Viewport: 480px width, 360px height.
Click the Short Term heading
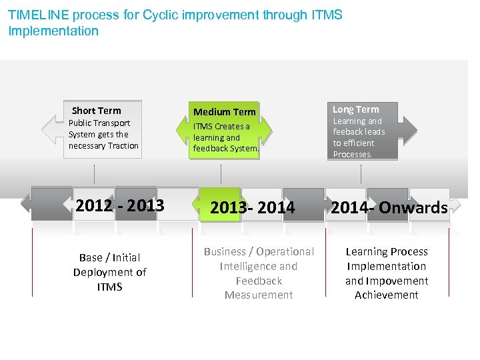tap(97, 111)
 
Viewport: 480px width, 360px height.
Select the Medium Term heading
tap(224, 112)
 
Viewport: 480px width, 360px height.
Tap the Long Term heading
tap(355, 109)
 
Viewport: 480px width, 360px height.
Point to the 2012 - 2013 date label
tap(120, 206)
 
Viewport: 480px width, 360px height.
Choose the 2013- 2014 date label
tap(253, 208)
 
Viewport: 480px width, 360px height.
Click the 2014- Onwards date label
tap(389, 208)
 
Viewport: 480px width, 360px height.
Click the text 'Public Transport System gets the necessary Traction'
tap(103, 135)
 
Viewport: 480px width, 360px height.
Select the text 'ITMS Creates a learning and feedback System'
tap(225, 137)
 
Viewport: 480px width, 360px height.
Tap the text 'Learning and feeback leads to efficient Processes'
tap(359, 137)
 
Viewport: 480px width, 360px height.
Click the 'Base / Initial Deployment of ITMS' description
tap(110, 272)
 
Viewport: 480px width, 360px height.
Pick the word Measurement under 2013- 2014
tap(259, 295)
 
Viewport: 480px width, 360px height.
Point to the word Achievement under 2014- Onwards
tap(387, 295)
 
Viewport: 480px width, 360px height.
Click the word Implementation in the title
tap(53, 31)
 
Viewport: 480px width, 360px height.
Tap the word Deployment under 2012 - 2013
tap(110, 272)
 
